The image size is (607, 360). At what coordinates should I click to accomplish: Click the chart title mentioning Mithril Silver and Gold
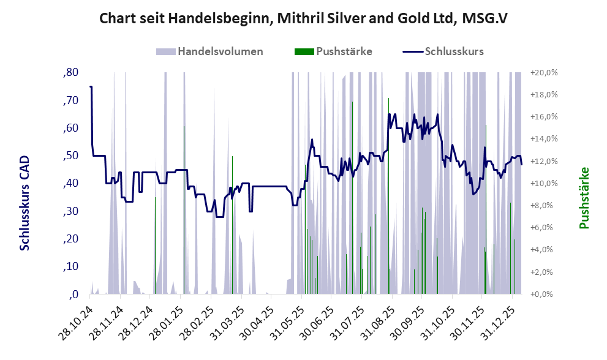(x=303, y=19)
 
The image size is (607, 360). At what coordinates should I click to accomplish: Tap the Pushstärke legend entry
(x=344, y=51)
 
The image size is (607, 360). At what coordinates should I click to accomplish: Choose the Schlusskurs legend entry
(x=453, y=51)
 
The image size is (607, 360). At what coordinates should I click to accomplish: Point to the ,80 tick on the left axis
(x=71, y=73)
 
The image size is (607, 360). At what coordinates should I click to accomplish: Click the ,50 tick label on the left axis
(x=71, y=156)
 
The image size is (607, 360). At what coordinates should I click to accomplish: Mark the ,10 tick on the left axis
(x=71, y=266)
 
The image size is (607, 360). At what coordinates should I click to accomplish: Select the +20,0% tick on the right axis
(x=544, y=73)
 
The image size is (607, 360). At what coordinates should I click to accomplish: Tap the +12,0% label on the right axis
(x=544, y=161)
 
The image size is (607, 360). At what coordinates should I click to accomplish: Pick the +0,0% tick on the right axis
(x=545, y=294)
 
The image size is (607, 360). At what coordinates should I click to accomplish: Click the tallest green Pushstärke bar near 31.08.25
(x=389, y=196)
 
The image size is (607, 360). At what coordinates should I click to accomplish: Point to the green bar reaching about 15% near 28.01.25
(x=184, y=208)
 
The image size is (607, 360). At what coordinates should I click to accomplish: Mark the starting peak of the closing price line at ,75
(x=91, y=87)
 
